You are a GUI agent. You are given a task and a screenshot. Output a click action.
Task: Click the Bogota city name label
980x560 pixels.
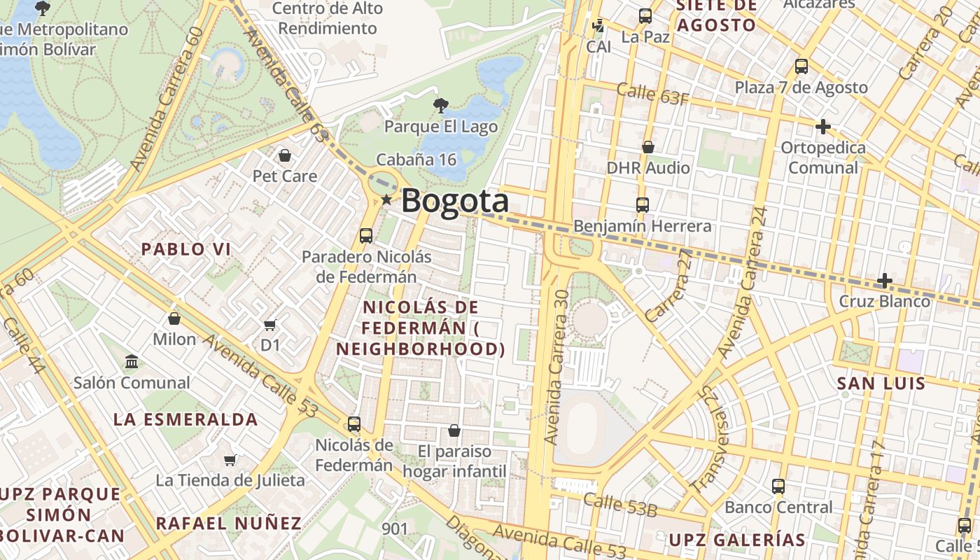click(455, 201)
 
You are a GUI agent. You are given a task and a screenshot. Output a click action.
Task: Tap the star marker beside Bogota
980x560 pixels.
click(386, 200)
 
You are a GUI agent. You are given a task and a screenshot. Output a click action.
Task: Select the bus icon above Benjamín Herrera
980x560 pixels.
click(643, 205)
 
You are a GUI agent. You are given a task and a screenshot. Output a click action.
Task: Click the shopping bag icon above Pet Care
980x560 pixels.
click(284, 155)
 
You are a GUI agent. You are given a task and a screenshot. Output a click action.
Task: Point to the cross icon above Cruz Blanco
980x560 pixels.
click(885, 281)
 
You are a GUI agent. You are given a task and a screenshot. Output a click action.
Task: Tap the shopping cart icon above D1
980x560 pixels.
click(270, 325)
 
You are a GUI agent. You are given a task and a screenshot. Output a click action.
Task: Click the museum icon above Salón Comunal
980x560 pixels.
click(132, 362)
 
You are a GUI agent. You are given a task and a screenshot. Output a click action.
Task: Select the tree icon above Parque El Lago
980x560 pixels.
click(440, 106)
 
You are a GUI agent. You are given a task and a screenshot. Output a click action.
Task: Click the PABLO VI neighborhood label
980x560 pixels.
click(186, 249)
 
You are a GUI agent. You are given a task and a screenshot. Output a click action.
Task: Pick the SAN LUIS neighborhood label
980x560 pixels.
click(881, 384)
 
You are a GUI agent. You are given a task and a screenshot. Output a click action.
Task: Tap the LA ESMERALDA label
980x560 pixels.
click(186, 420)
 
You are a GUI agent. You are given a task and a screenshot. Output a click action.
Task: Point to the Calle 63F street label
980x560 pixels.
click(652, 94)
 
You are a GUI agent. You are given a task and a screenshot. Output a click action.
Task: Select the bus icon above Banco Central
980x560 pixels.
click(778, 486)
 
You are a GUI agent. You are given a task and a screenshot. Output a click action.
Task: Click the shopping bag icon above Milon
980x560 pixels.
click(174, 318)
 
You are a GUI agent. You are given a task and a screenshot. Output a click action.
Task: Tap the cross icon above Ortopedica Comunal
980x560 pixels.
click(823, 127)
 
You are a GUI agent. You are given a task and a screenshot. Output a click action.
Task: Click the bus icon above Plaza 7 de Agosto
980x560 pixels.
click(801, 66)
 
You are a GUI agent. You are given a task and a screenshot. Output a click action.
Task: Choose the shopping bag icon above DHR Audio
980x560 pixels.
click(648, 147)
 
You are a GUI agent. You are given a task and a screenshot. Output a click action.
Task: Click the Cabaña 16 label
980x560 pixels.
click(416, 160)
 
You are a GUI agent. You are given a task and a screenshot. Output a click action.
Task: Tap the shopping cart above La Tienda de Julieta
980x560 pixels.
click(230, 460)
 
